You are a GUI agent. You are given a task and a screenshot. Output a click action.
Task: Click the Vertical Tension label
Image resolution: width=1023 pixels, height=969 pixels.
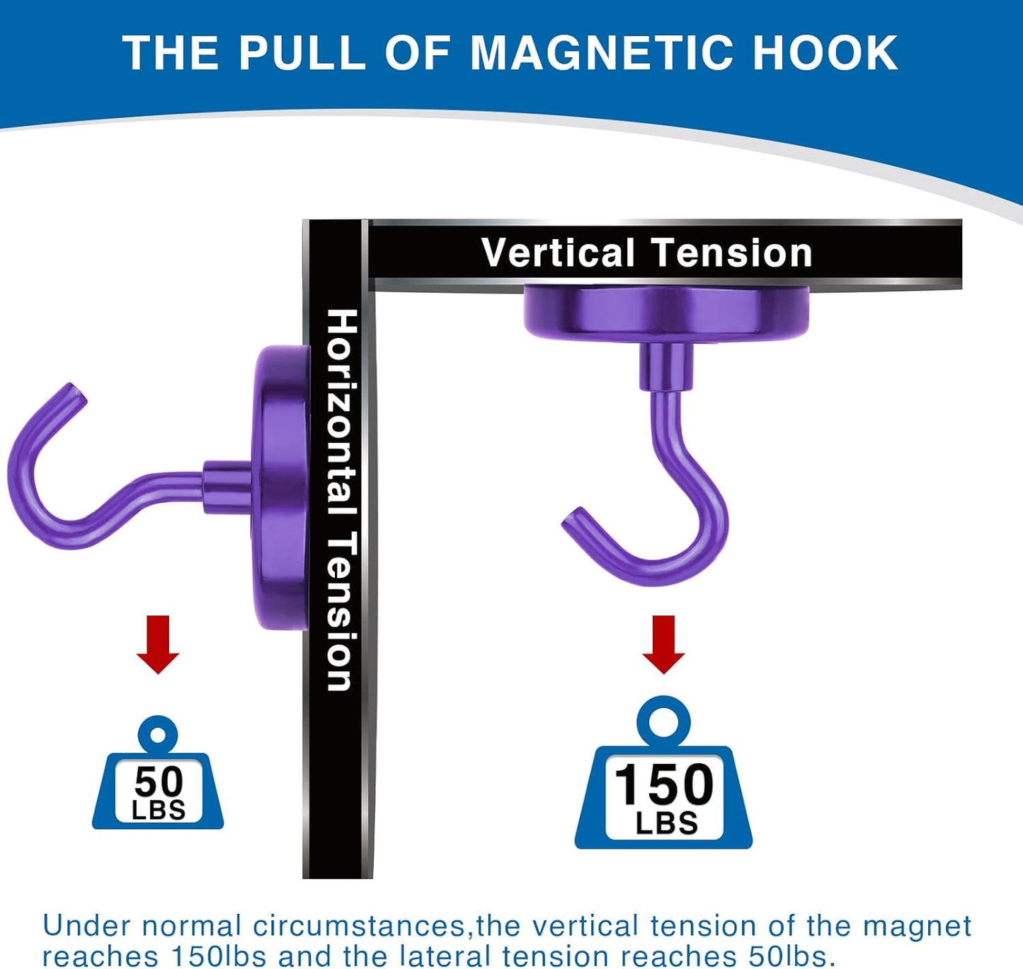646,253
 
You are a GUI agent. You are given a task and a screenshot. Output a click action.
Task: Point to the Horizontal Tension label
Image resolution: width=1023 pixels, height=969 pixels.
340,499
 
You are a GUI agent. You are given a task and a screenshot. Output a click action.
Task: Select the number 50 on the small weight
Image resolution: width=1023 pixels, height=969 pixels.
159,782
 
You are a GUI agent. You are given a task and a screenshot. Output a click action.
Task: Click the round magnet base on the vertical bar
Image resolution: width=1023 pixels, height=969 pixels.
282,488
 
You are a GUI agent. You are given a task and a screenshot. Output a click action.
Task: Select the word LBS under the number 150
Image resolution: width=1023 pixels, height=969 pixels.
666,823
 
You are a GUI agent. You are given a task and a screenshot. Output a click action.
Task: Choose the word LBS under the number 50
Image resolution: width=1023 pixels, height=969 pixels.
159,811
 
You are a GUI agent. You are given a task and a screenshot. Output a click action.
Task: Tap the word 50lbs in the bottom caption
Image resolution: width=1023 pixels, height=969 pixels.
787,956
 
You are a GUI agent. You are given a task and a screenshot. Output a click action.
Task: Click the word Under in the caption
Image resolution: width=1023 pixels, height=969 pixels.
86,925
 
